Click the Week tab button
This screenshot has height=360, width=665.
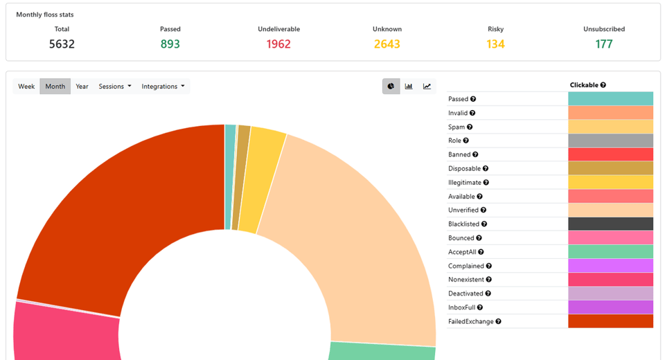(x=26, y=87)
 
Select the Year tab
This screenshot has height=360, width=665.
(x=82, y=87)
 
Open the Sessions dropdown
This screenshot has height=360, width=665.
(x=115, y=87)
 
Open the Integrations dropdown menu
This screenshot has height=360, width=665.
(x=163, y=87)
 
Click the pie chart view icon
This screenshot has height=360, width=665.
(x=391, y=87)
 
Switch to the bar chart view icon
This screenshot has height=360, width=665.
(x=409, y=87)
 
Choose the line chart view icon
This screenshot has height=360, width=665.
(x=427, y=87)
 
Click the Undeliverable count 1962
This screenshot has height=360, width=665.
(x=278, y=44)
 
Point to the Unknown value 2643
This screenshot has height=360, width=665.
(x=387, y=44)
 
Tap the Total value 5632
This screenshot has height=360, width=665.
(x=62, y=44)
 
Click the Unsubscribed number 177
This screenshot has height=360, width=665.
(x=604, y=44)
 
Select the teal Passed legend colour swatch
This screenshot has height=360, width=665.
(x=611, y=99)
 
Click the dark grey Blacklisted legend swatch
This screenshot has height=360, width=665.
(x=611, y=224)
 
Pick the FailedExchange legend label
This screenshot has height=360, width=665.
(x=471, y=321)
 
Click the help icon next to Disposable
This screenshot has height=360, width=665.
(x=486, y=168)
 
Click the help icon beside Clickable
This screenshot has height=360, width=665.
(x=603, y=84)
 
